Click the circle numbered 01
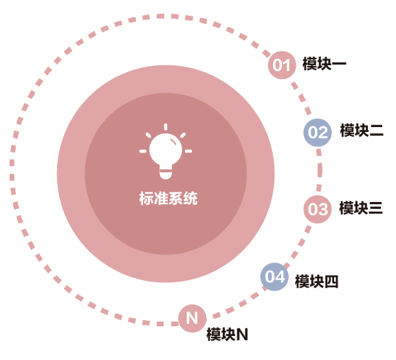point(282,65)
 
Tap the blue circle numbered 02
point(318,133)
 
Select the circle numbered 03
point(318,209)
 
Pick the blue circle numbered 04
point(274,277)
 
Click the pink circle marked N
point(192,318)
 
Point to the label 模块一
point(324,64)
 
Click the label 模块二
point(362,131)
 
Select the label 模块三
point(361,208)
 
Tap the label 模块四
point(317,281)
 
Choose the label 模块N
point(228,335)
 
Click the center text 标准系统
point(168,198)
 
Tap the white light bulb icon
point(166,151)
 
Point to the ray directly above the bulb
point(166,127)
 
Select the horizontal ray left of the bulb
point(143,151)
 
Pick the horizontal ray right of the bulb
point(188,151)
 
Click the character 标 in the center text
point(146,198)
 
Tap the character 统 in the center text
point(190,198)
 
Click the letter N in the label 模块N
point(242,335)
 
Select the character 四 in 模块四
point(331,282)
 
